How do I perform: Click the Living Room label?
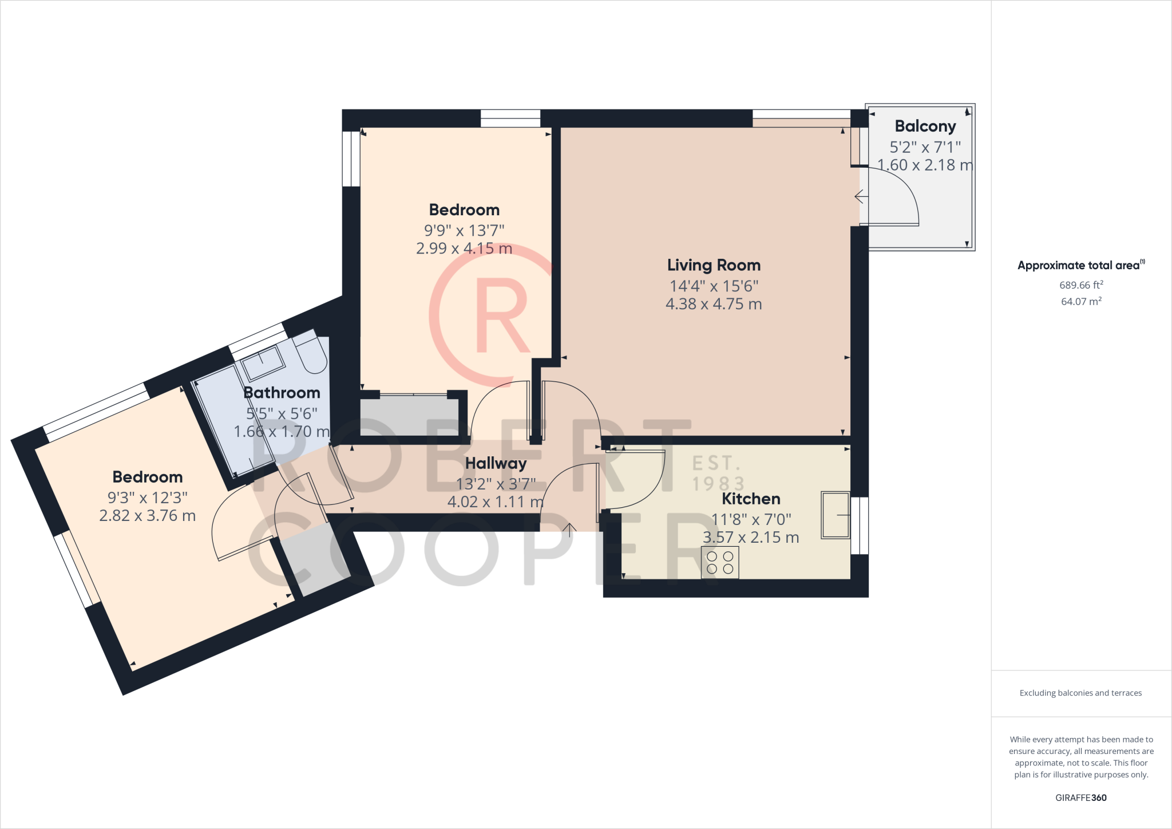(714, 265)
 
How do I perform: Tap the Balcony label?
(925, 126)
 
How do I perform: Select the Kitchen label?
(751, 499)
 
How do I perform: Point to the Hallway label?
(496, 463)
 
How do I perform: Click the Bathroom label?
(282, 393)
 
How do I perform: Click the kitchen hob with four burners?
(720, 562)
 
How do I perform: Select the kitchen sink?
(835, 515)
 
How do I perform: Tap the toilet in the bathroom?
(311, 352)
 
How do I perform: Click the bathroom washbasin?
(262, 361)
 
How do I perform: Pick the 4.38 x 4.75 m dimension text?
(714, 304)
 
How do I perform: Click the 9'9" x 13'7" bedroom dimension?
(464, 230)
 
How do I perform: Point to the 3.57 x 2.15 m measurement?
(751, 538)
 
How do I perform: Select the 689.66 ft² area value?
(1081, 285)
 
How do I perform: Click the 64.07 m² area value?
(1081, 301)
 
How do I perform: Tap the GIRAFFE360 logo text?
(1080, 798)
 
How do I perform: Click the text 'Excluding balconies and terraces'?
(1080, 693)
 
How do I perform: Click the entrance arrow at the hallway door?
(569, 529)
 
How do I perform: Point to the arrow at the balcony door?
(860, 197)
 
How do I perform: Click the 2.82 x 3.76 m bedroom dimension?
(148, 516)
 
